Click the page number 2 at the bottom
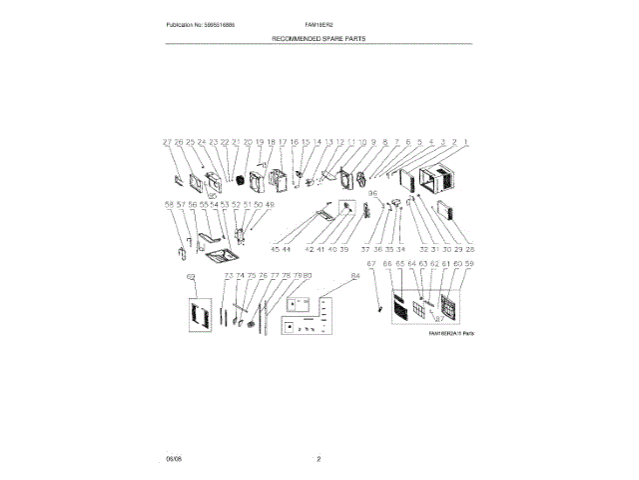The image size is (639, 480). [319, 459]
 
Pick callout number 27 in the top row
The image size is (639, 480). [168, 143]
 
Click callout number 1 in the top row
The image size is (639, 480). [465, 143]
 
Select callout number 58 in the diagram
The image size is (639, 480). [168, 204]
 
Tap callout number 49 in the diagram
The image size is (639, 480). [269, 204]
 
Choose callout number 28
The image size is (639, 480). [470, 248]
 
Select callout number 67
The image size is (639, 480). [370, 264]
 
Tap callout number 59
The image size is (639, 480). [469, 264]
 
